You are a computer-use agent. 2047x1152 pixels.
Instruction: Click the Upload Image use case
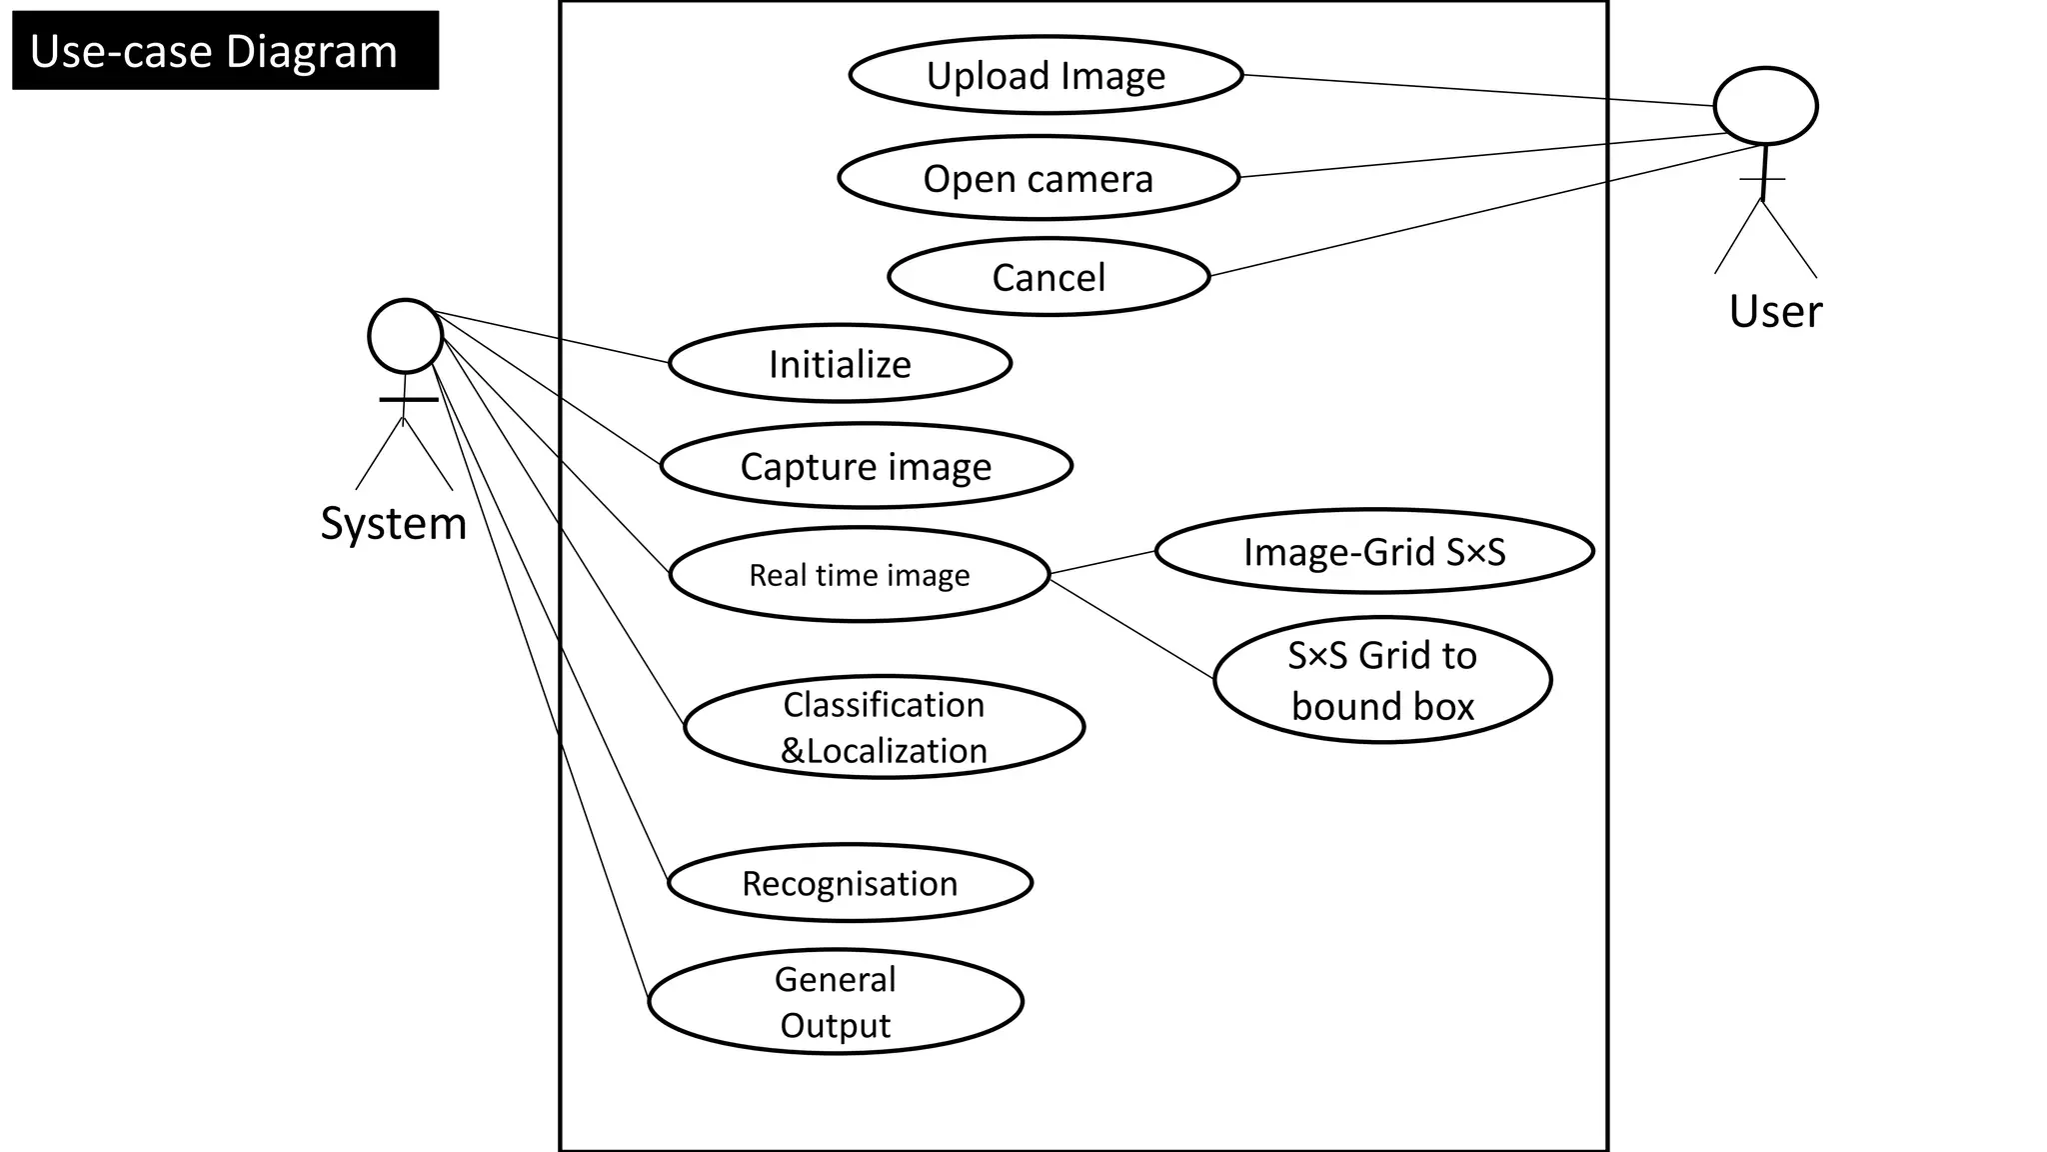point(1045,76)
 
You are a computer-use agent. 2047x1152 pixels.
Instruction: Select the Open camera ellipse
point(1038,179)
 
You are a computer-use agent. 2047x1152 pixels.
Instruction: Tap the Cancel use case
point(1048,277)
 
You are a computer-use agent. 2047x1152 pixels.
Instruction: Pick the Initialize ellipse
point(840,364)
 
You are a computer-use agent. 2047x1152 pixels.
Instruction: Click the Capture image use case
point(866,466)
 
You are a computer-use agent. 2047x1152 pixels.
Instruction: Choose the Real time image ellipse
point(860,575)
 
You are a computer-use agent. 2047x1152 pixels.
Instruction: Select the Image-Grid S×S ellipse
point(1374,551)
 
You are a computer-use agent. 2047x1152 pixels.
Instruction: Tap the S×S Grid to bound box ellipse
point(1382,680)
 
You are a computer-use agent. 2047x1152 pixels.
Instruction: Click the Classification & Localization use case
point(884,727)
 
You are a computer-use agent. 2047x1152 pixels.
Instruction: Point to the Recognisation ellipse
point(850,883)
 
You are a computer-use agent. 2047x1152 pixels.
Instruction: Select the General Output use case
point(836,1001)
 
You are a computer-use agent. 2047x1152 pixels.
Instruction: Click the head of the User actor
point(1765,106)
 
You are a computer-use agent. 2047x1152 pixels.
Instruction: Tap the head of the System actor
point(405,336)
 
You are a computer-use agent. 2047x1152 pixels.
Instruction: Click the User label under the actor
point(1775,311)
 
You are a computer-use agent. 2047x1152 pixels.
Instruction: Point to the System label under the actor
point(394,523)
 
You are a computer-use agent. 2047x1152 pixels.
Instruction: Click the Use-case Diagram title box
point(225,51)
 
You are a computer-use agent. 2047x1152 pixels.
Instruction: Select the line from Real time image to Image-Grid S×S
point(1102,563)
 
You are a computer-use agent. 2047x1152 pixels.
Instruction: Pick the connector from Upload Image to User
point(1479,90)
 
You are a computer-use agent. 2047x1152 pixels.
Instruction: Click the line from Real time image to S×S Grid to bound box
point(1131,629)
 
